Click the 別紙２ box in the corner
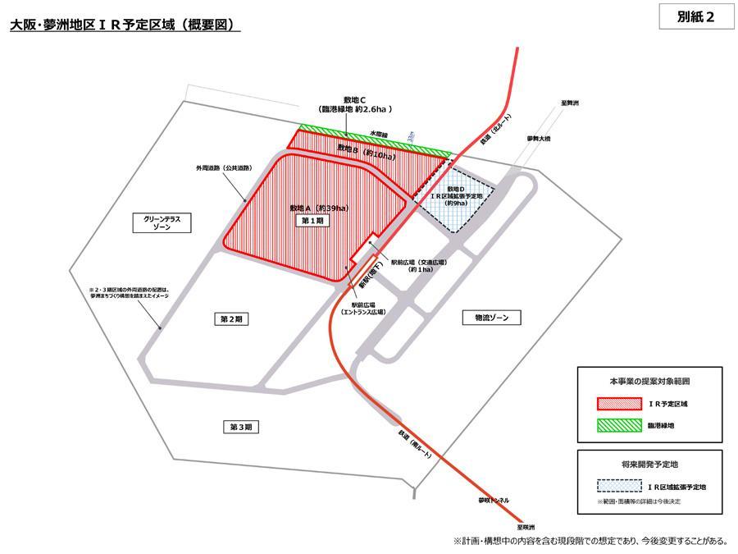click(x=695, y=18)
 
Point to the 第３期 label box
click(x=240, y=426)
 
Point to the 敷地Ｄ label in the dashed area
click(x=456, y=190)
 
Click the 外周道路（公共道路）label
click(x=223, y=167)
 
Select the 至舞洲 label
click(x=570, y=103)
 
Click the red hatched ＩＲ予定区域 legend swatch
click(x=619, y=404)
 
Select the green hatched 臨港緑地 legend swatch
click(x=619, y=425)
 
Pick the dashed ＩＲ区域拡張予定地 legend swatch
click(x=619, y=486)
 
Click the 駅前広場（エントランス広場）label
click(x=362, y=308)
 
